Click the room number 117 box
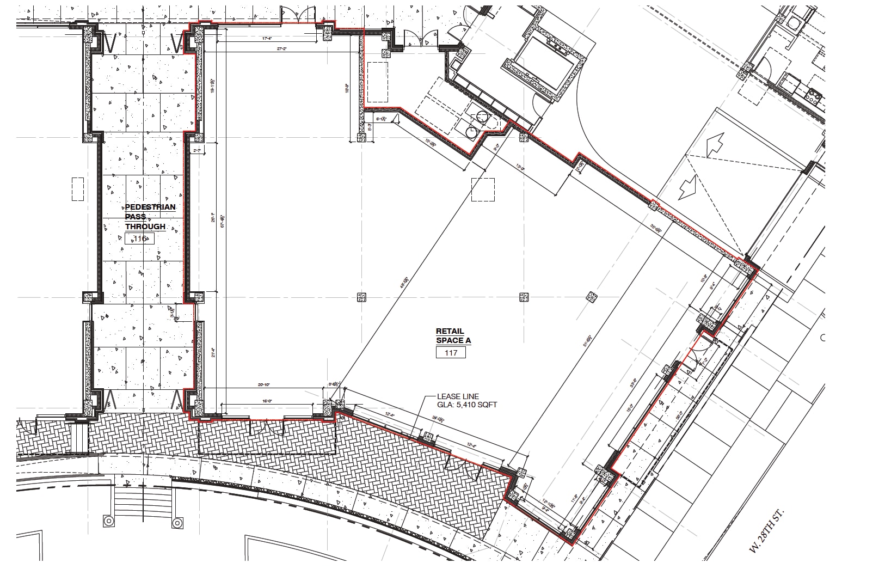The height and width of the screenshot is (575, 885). pyautogui.click(x=451, y=353)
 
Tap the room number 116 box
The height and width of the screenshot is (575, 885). pyautogui.click(x=140, y=238)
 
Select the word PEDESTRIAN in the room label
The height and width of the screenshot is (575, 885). pyautogui.click(x=150, y=207)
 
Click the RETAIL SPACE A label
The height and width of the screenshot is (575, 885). pyautogui.click(x=453, y=335)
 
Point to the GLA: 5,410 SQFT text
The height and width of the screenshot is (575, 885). pyautogui.click(x=467, y=405)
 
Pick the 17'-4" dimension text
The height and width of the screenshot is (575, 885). pyautogui.click(x=267, y=39)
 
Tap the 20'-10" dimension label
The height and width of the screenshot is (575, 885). pyautogui.click(x=263, y=385)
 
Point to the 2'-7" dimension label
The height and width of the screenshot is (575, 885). pyautogui.click(x=197, y=150)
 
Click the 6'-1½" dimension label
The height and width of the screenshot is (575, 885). pyautogui.click(x=379, y=119)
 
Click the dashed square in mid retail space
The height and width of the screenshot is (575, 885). pyautogui.click(x=483, y=189)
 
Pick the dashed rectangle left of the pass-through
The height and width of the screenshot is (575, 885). pyautogui.click(x=77, y=188)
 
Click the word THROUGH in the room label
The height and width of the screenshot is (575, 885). pyautogui.click(x=145, y=227)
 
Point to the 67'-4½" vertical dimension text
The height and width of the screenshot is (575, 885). pyautogui.click(x=222, y=219)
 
